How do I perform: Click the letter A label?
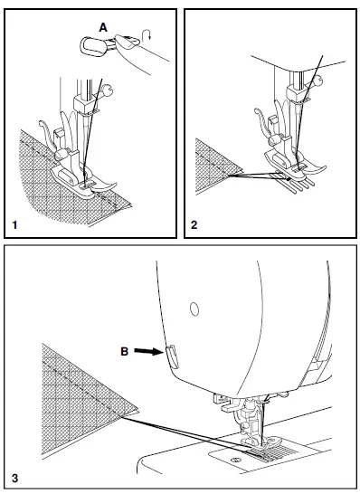point(103,28)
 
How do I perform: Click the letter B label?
point(125,351)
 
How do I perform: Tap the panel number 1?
point(14,225)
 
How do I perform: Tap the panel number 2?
point(194,225)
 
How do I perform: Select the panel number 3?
point(14,479)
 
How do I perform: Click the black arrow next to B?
point(148,351)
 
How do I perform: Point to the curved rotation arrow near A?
point(147,35)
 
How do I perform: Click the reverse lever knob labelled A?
point(90,46)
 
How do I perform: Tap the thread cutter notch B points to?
point(172,356)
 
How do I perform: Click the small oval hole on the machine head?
point(194,309)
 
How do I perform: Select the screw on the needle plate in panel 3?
point(234,460)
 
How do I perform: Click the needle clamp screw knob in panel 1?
point(109,91)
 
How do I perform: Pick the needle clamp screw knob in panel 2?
point(317,80)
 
